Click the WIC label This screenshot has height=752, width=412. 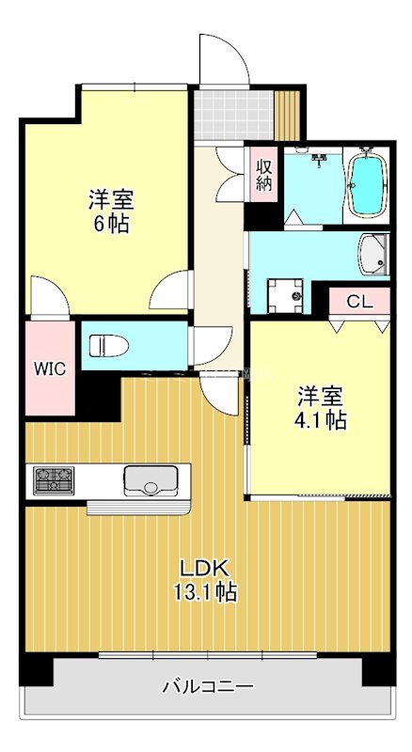tap(51, 368)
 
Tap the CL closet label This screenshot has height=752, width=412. tap(358, 302)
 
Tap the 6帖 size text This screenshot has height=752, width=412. tap(111, 224)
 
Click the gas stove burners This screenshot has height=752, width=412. tap(55, 479)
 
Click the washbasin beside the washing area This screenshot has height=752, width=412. tap(374, 252)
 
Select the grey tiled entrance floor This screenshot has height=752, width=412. tap(234, 114)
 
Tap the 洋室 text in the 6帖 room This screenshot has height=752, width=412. tap(111, 199)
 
